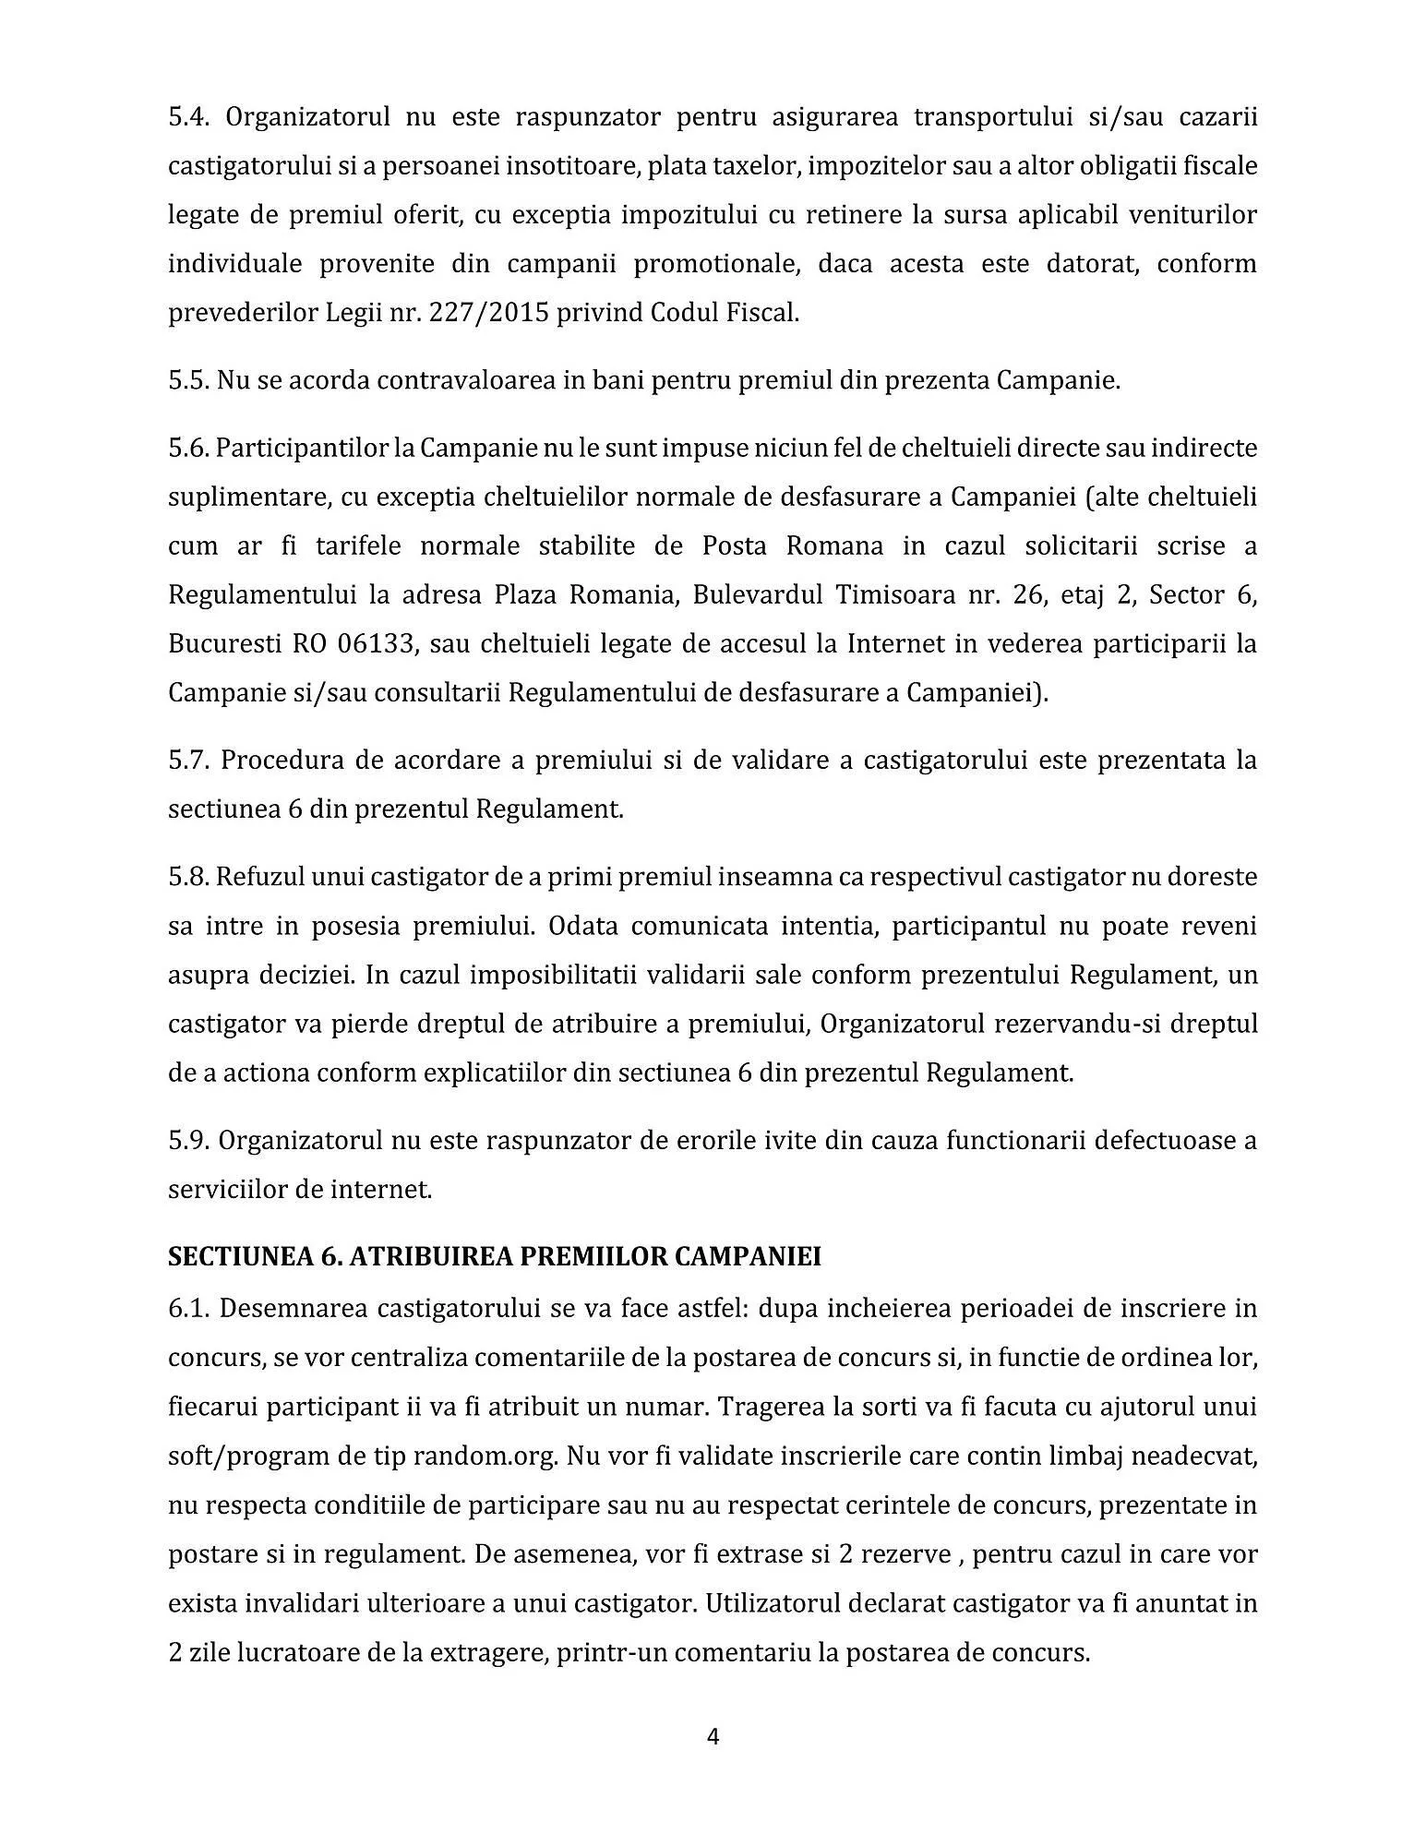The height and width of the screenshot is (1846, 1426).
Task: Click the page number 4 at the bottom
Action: [x=713, y=1736]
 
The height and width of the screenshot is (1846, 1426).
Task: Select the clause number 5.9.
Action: [x=189, y=1140]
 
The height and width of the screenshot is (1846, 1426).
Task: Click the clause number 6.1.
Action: [x=189, y=1309]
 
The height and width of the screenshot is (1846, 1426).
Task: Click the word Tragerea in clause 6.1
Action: [x=771, y=1407]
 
